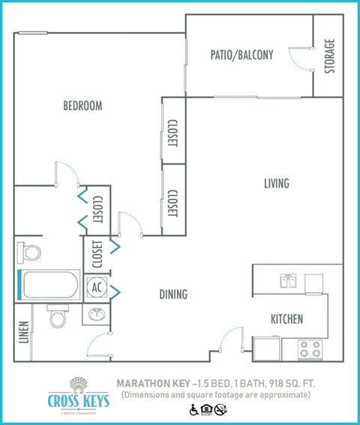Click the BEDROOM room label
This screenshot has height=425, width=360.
82,106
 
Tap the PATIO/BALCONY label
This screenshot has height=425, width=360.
241,55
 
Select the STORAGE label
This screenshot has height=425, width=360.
328,56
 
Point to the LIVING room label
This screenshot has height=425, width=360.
276,184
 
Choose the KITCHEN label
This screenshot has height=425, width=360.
286,319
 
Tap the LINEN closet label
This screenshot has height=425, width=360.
24,333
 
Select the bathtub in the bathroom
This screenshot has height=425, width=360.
49,286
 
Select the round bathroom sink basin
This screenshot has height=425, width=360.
96,314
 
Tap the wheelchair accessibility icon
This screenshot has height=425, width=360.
193,410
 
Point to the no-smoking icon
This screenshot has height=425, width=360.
220,410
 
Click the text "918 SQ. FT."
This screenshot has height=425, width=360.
289,383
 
